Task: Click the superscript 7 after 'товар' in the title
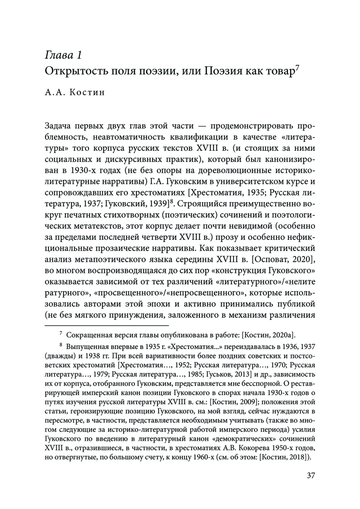point(298,67)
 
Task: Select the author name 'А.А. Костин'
point(75,93)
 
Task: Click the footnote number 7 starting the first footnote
point(61,334)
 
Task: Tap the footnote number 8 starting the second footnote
point(61,345)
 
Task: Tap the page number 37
point(311,475)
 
